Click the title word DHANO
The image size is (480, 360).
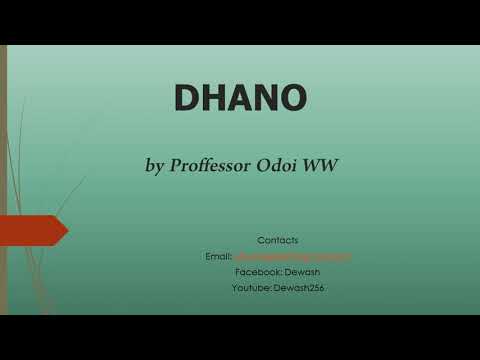pos(240,97)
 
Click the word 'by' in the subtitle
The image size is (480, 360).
pos(156,165)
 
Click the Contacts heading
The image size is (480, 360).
pos(277,240)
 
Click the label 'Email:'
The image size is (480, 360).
pos(218,256)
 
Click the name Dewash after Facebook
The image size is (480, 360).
pos(303,272)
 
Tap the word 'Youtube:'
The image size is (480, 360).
pos(251,288)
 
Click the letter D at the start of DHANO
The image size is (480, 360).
pos(188,97)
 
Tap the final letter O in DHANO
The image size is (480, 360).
pos(293,97)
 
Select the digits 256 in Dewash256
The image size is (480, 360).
pos(316,288)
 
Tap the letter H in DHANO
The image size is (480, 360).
pos(214,97)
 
